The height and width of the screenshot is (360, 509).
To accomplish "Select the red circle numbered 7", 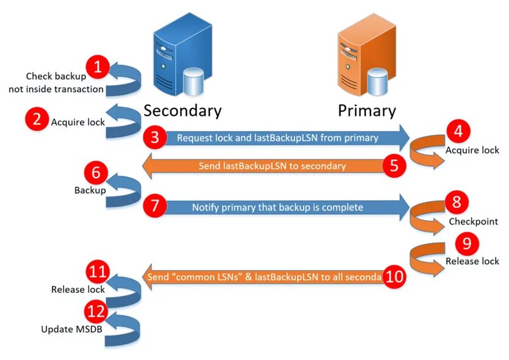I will click(x=154, y=207).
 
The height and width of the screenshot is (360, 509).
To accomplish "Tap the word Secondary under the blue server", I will click(x=182, y=111).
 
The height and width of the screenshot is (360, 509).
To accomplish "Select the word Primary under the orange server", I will click(x=367, y=111).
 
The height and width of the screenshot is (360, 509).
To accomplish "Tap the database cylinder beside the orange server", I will click(x=378, y=82).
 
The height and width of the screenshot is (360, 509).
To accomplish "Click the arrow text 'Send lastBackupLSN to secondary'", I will click(x=272, y=166).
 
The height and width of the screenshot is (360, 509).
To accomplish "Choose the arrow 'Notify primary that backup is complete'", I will click(x=278, y=207).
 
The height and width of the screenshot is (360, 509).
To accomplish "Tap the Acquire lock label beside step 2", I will click(x=78, y=121).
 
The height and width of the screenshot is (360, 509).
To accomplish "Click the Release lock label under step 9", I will click(x=472, y=261).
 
